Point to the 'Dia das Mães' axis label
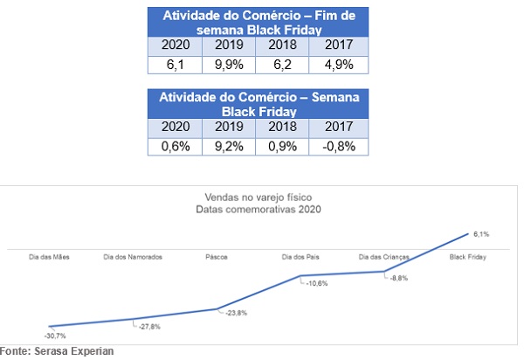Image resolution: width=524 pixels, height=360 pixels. (x=49, y=256)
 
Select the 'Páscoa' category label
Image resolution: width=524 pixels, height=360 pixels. (x=217, y=256)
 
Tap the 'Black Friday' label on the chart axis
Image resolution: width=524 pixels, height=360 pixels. (x=467, y=256)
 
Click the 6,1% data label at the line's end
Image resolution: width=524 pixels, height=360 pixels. (x=480, y=234)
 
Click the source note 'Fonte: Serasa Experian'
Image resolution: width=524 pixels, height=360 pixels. (x=57, y=351)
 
